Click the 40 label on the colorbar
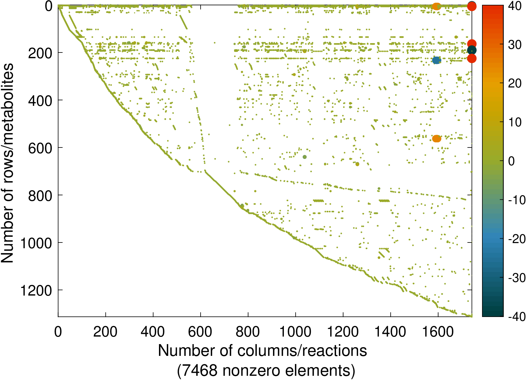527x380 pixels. click(515, 6)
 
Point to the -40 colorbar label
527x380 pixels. click(516, 316)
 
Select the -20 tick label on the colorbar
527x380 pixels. click(516, 239)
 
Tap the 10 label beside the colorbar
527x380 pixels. click(515, 122)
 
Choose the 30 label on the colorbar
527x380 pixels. click(515, 45)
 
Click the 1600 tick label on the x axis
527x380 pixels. click(438, 332)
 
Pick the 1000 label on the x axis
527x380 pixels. click(295, 332)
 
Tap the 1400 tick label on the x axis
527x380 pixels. click(390, 332)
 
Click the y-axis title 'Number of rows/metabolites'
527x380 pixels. click(7, 163)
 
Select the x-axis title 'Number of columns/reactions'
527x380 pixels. click(262, 351)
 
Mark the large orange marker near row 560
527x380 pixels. click(437, 139)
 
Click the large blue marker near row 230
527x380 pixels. click(437, 60)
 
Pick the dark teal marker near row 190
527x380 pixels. click(472, 50)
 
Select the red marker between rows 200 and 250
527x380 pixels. click(472, 59)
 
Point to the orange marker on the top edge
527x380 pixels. click(437, 6)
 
